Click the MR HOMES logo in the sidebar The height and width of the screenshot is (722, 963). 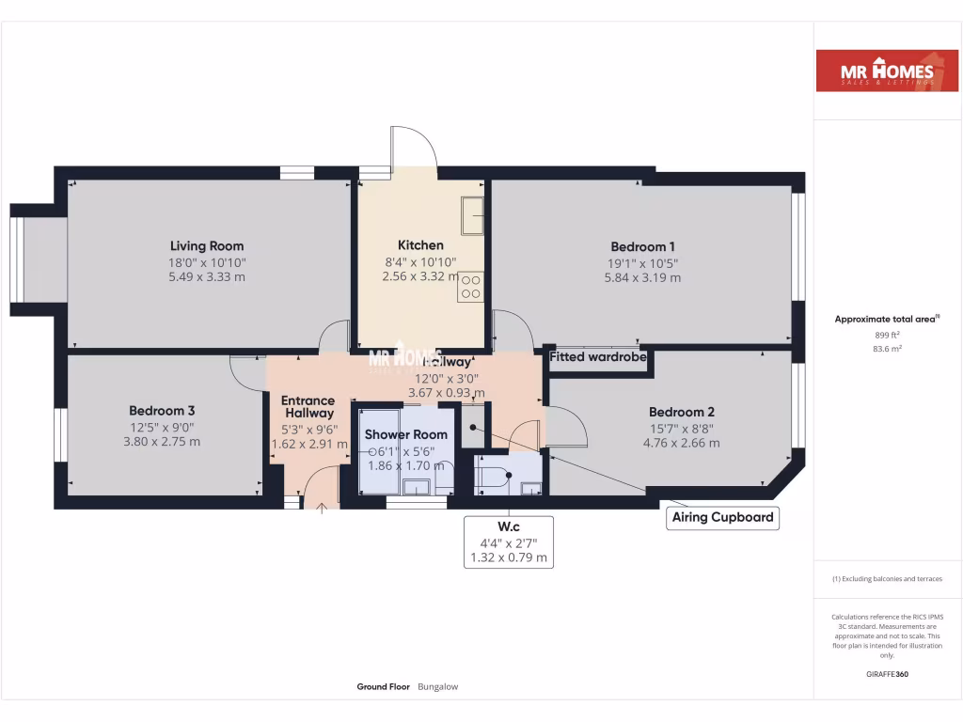pyautogui.click(x=880, y=71)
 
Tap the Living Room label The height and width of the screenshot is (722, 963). pyautogui.click(x=207, y=246)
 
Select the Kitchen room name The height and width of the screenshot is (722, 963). pyautogui.click(x=420, y=245)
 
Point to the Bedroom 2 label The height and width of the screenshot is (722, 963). pyautogui.click(x=682, y=412)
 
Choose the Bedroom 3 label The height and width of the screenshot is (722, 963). pyautogui.click(x=162, y=411)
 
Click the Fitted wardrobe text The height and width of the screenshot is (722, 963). pyautogui.click(x=598, y=357)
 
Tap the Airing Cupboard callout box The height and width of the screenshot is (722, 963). pyautogui.click(x=723, y=517)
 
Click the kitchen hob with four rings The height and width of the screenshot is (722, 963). pyautogui.click(x=470, y=287)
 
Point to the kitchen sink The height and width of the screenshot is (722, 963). pyautogui.click(x=471, y=215)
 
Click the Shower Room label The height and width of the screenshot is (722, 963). pyautogui.click(x=406, y=434)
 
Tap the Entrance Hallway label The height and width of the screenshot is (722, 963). pyautogui.click(x=308, y=407)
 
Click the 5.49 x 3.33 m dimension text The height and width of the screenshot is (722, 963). pyautogui.click(x=207, y=277)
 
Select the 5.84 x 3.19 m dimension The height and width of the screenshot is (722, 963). pyautogui.click(x=642, y=277)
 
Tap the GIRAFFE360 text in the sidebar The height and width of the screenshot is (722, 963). pyautogui.click(x=887, y=674)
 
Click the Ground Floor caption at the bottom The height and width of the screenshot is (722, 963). pyautogui.click(x=383, y=687)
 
